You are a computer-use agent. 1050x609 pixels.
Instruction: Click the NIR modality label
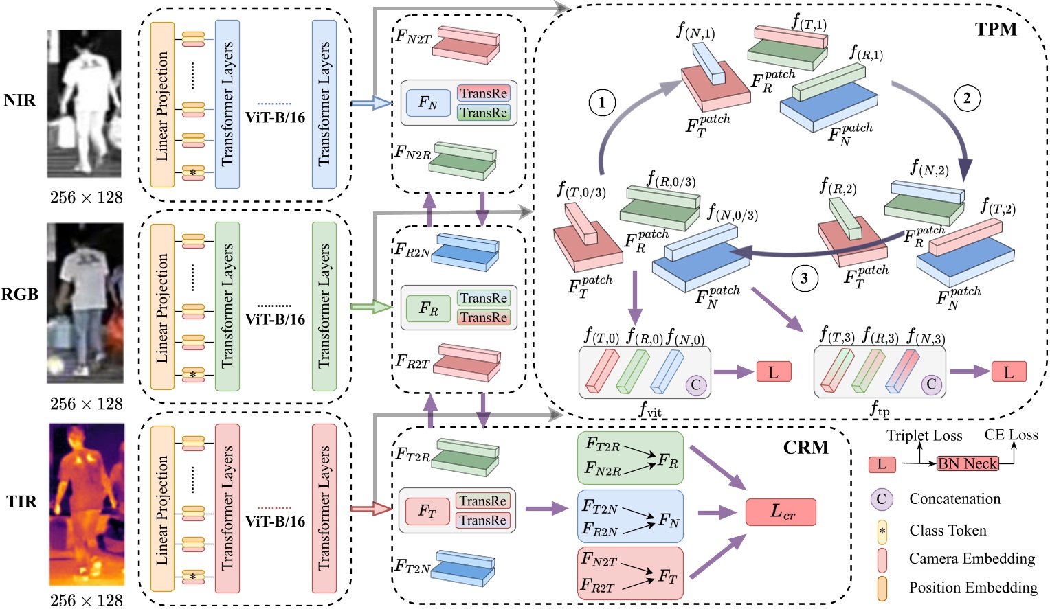19,100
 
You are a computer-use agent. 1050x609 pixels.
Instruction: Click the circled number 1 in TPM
602,103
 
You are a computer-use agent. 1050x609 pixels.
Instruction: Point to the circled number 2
967,98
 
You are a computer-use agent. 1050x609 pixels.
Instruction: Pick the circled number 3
804,278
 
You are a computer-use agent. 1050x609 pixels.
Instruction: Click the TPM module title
995,29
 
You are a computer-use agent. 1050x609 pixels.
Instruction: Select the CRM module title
805,448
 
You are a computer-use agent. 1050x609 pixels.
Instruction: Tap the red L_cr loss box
781,512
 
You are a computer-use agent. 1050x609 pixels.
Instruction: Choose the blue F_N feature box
428,103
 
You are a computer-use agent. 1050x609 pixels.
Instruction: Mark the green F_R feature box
428,308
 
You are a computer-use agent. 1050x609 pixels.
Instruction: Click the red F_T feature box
427,511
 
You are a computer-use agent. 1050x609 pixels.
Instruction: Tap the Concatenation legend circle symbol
881,499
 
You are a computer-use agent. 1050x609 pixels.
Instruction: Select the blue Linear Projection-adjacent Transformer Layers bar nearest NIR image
227,104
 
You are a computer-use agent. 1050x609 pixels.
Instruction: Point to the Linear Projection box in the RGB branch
162,307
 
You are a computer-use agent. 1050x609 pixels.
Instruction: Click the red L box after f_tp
1008,372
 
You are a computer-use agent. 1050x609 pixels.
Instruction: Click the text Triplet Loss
924,435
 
